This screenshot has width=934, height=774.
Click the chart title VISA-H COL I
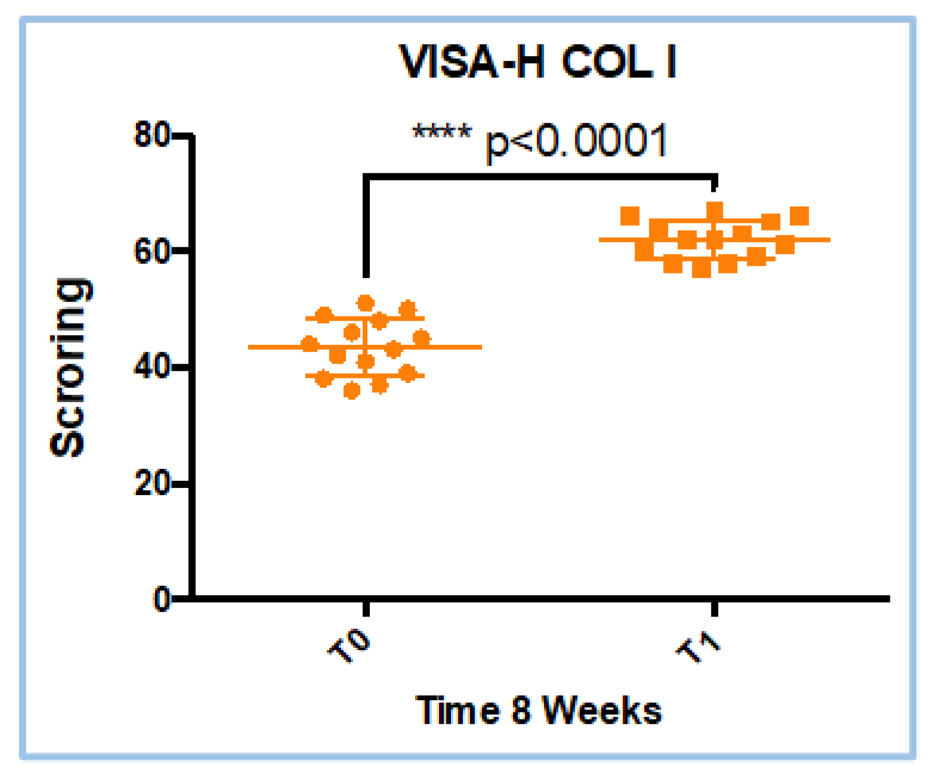pos(538,62)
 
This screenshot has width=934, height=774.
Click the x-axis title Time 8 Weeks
pos(539,710)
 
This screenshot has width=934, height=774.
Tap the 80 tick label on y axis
pos(151,135)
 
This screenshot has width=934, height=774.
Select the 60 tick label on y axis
pos(151,251)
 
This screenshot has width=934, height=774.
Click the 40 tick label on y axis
pos(151,367)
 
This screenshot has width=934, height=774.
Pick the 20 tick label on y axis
pos(151,483)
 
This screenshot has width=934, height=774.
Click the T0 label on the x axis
pos(350,647)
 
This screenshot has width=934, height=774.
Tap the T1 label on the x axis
pos(698,647)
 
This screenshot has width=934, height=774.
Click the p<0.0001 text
pos(576,142)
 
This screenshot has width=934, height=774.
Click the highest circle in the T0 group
pos(365,303)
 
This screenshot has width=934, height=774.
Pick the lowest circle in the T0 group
pos(351,391)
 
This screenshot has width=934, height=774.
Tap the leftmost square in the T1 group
pos(630,216)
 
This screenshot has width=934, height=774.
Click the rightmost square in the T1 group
pos(799,216)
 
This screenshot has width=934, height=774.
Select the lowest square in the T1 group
pos(701,269)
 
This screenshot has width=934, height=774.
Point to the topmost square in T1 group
pos(715,210)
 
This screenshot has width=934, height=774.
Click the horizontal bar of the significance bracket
pos(540,176)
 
